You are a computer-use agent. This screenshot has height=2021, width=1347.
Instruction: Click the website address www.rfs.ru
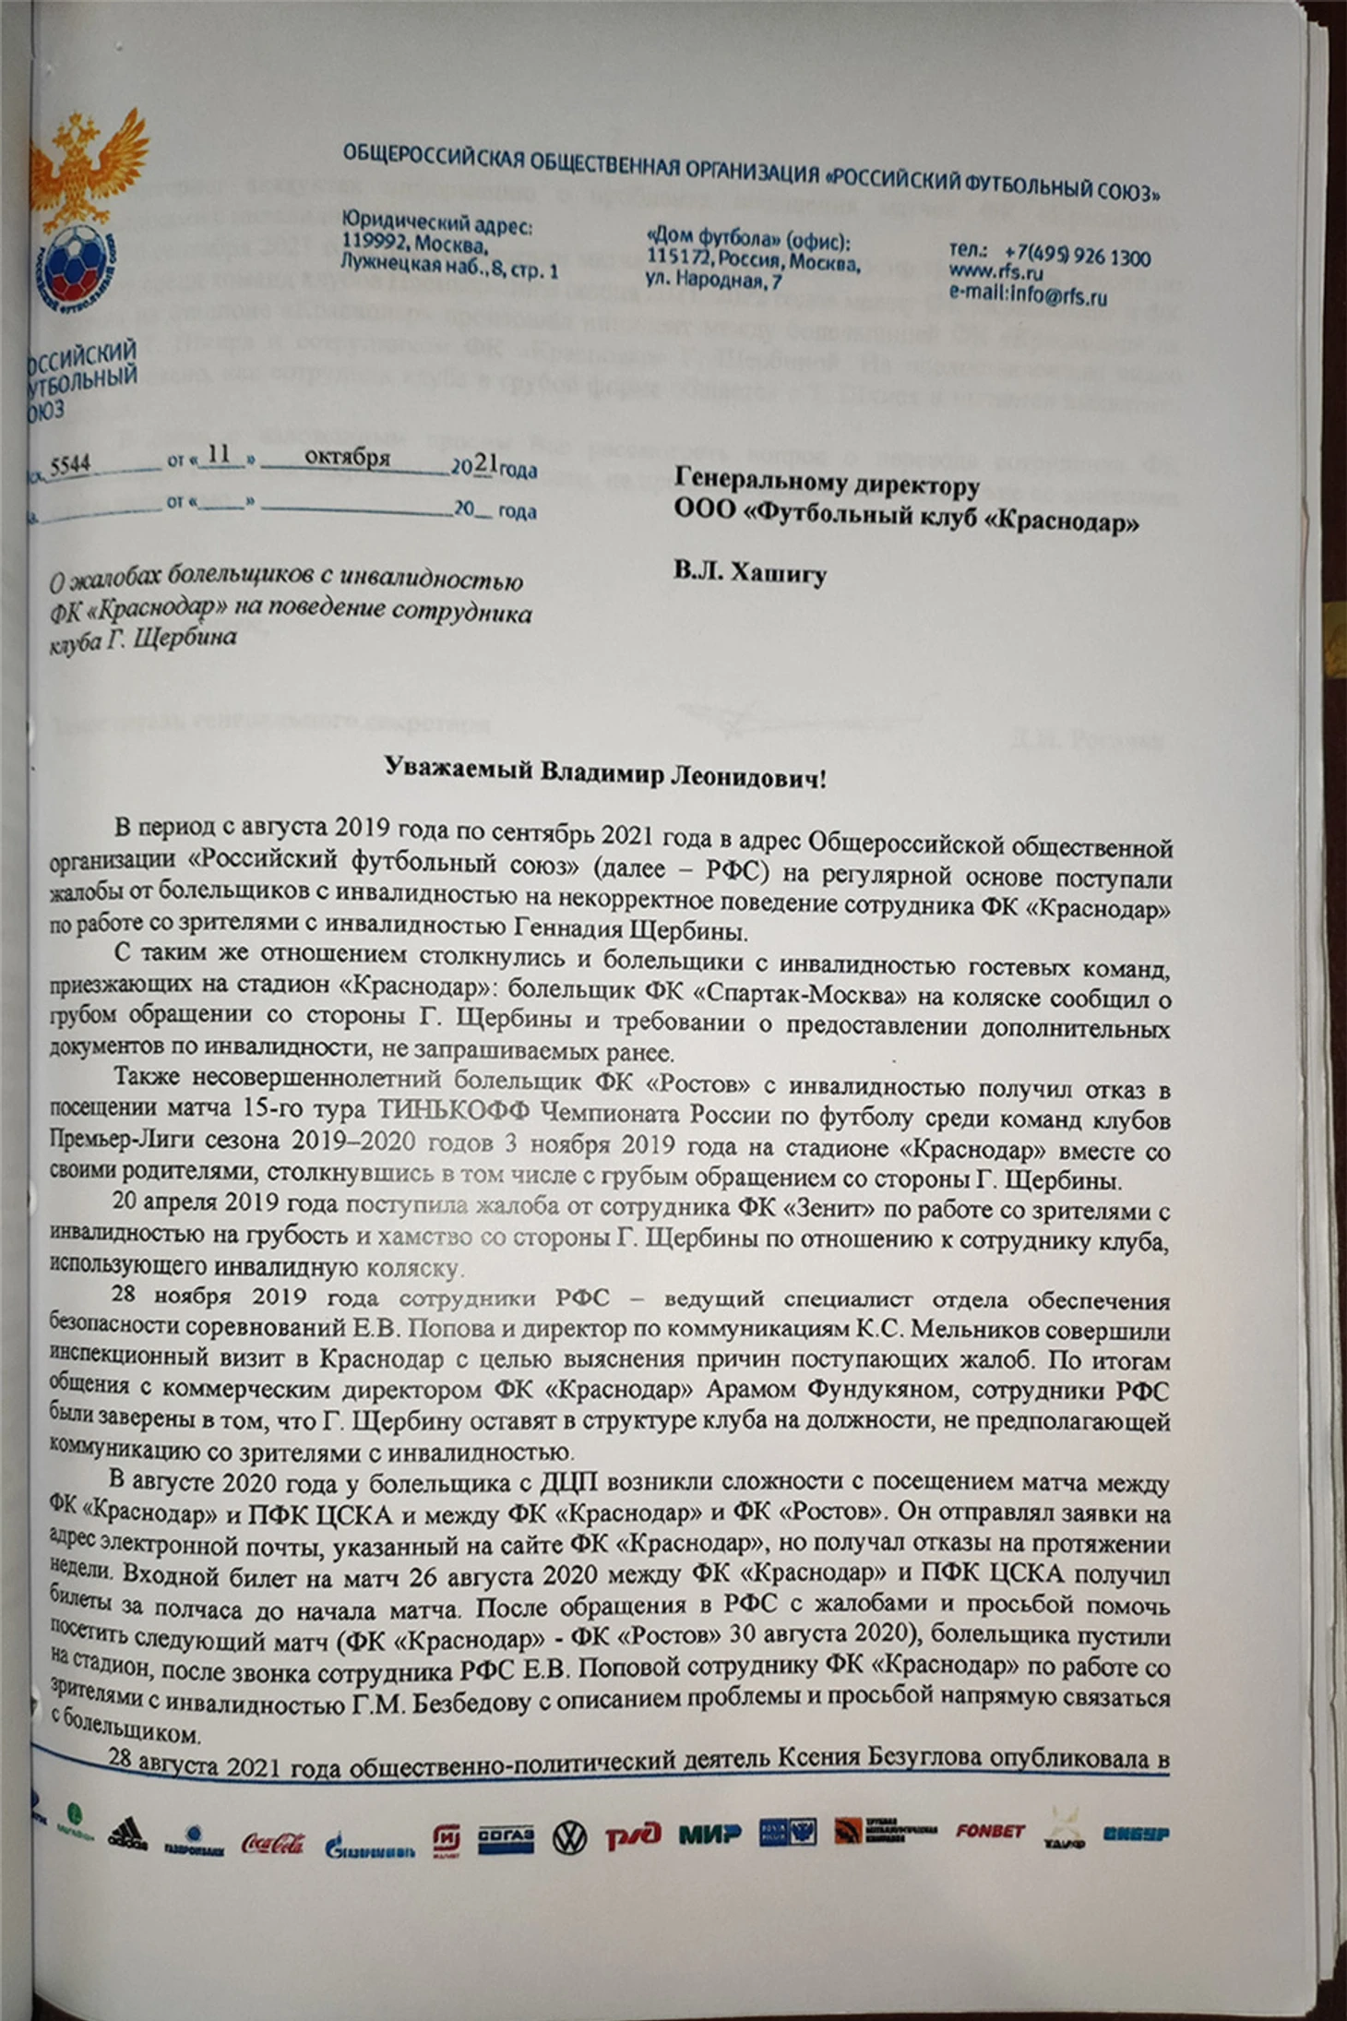coord(995,274)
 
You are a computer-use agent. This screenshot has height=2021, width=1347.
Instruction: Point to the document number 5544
coord(70,465)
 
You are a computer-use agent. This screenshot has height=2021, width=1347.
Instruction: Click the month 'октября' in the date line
coord(347,458)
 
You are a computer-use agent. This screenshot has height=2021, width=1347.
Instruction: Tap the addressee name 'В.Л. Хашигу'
coord(749,572)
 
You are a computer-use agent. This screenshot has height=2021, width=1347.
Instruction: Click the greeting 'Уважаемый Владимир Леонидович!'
coord(604,773)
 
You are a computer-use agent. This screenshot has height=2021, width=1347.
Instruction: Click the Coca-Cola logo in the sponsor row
coord(273,1842)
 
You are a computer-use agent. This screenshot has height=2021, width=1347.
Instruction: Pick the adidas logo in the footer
coord(127,1833)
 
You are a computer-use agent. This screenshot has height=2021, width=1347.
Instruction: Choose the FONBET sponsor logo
coord(990,1830)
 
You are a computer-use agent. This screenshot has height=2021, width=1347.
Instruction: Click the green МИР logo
coord(709,1833)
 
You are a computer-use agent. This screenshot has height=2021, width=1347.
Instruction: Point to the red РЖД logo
coord(633,1835)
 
